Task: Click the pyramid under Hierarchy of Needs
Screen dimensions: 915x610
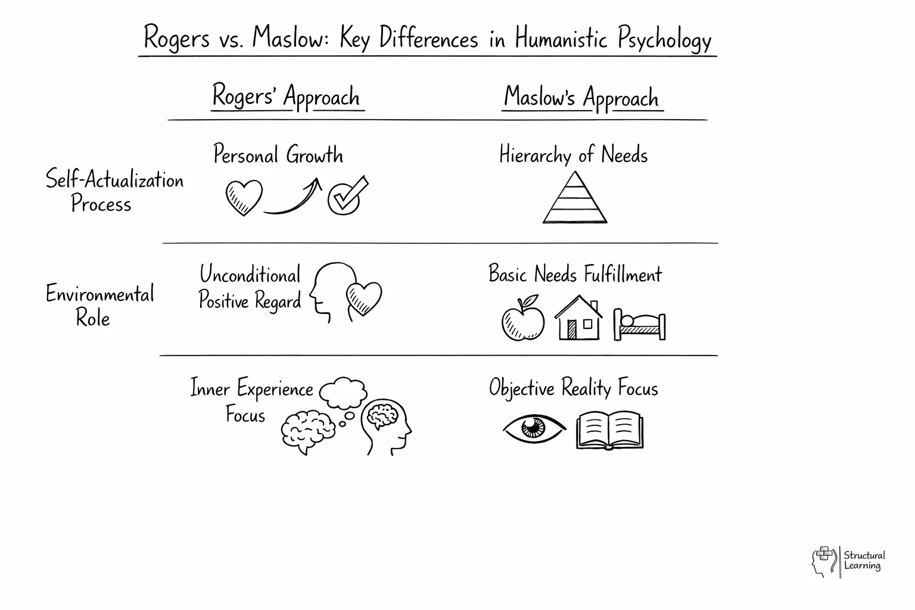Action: pos(575,200)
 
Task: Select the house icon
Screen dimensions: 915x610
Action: pos(578,320)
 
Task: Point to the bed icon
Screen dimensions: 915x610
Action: pos(639,325)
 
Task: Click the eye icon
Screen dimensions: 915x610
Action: pos(533,428)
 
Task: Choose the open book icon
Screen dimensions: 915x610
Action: pos(610,430)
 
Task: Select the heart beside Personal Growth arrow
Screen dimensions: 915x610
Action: pos(244,197)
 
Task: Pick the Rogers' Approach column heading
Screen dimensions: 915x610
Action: pos(287,97)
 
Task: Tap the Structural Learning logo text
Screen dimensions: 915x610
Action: pos(864,561)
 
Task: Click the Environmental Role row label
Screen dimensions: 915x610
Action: pos(99,306)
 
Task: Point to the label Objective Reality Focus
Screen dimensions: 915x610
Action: pos(573,388)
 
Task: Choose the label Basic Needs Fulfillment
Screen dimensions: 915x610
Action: pos(575,275)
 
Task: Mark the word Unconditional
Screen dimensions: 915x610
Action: pos(250,275)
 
